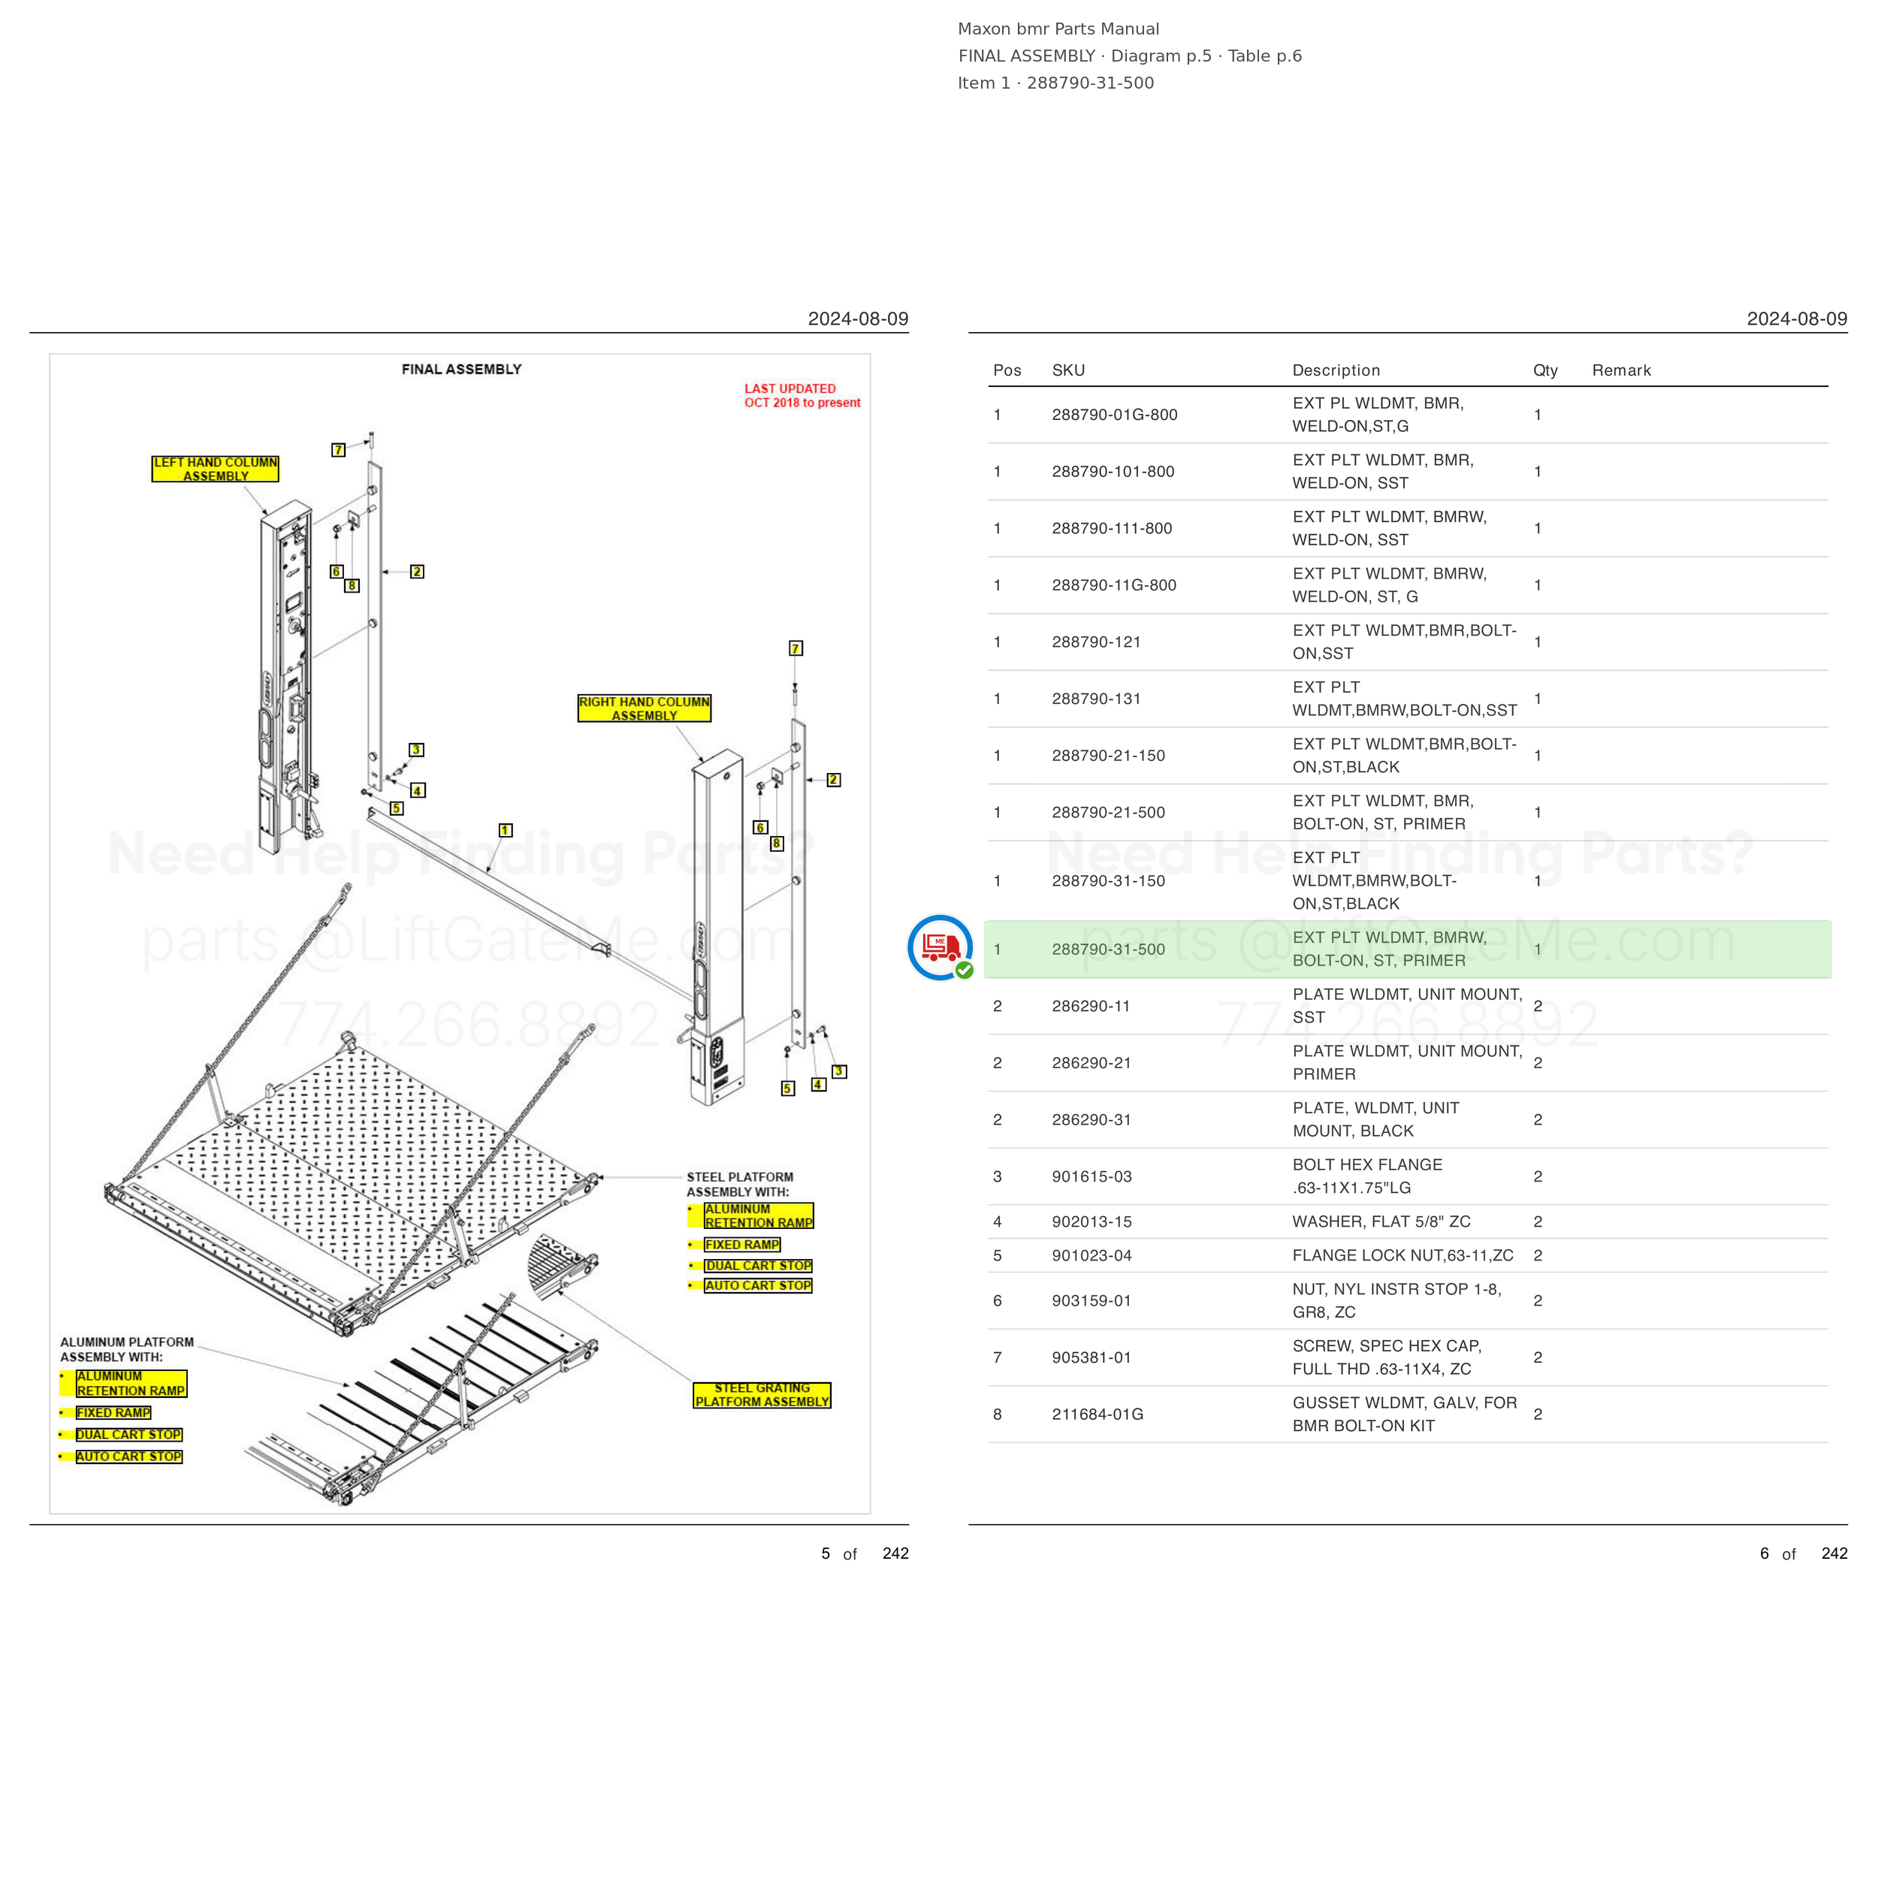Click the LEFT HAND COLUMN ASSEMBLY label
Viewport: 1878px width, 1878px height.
215,469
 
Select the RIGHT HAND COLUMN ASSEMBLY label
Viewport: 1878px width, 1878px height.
645,708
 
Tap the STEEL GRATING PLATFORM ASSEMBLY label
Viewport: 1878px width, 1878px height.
762,1395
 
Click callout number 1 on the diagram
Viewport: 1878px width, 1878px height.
506,830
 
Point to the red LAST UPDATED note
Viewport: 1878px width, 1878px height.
802,396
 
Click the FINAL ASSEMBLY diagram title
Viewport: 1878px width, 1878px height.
462,370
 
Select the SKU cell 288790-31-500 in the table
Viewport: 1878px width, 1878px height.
1108,949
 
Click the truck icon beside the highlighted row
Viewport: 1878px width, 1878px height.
940,947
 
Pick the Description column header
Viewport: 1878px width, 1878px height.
1336,370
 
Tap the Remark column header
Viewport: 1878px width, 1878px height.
1621,370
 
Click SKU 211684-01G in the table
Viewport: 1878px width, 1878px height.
1098,1415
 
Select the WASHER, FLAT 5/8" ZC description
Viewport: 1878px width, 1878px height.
1381,1222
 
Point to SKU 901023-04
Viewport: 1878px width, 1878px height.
1091,1256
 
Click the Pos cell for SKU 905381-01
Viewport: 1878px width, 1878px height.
998,1358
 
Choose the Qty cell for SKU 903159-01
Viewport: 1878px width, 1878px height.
1538,1300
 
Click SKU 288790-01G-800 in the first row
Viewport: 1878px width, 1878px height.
1114,415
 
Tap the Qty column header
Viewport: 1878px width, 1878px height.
1545,370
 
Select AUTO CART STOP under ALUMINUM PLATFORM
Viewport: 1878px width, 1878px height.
129,1456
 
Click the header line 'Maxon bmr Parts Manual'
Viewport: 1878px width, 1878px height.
1058,29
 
